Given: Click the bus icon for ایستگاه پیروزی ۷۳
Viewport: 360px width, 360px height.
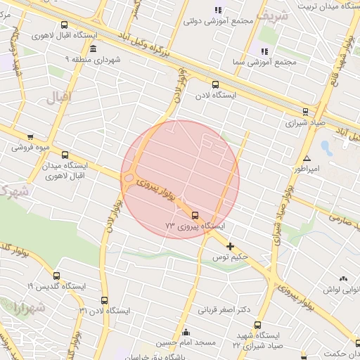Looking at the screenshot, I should [195, 215].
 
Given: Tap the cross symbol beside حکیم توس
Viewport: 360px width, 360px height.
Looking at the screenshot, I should [230, 245].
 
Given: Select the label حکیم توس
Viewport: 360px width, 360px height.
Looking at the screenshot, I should [231, 258].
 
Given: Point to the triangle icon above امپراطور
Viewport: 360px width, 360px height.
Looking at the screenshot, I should [307, 158].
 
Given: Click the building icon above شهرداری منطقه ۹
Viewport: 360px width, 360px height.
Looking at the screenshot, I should [94, 48].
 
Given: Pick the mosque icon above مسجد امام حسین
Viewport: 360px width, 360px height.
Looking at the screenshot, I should [186, 332].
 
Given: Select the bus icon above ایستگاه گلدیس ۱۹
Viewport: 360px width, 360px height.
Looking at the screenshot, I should [56, 276].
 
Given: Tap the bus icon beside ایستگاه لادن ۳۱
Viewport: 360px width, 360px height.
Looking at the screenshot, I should [105, 301].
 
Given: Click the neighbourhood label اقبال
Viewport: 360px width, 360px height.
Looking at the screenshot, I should [59, 98].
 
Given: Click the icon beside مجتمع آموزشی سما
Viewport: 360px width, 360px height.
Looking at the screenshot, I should [264, 51].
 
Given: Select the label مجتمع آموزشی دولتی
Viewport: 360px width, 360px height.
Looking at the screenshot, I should [217, 21].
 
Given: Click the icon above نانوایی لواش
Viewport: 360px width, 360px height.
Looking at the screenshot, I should [344, 279].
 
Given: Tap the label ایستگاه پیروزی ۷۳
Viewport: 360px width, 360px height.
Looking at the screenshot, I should [195, 227].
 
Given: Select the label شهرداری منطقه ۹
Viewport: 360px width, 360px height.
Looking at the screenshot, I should [94, 60].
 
